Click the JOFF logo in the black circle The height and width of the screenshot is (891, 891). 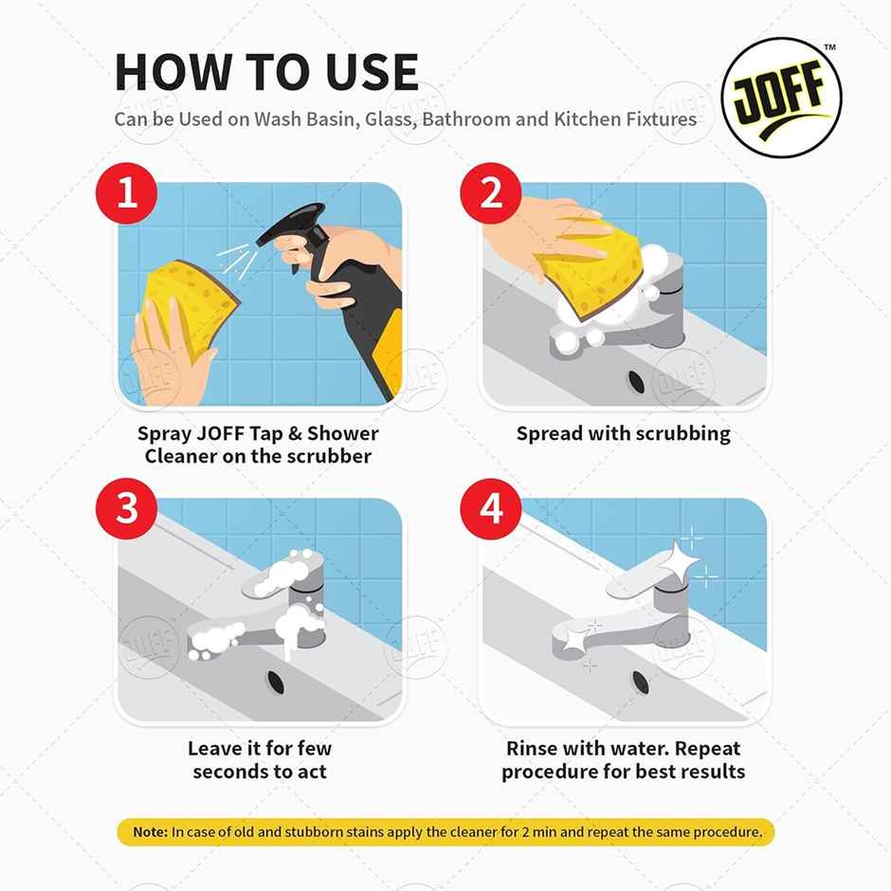tap(781, 99)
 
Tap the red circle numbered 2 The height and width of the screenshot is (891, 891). tap(491, 194)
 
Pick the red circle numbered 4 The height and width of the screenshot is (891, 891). tap(491, 509)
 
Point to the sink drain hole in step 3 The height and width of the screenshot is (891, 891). tap(276, 681)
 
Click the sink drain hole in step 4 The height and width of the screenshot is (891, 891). tap(641, 681)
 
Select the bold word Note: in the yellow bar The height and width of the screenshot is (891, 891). tap(150, 832)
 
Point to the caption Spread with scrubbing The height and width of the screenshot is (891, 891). tap(623, 434)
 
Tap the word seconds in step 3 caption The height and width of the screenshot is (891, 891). tap(232, 771)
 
